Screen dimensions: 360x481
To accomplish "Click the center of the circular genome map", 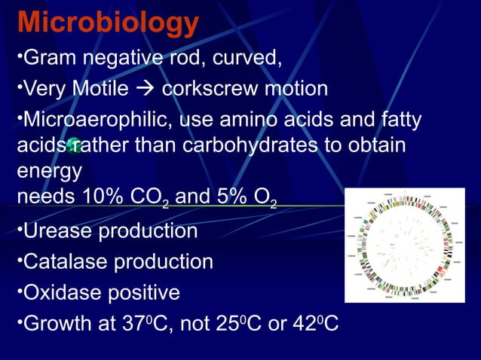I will [405, 246].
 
